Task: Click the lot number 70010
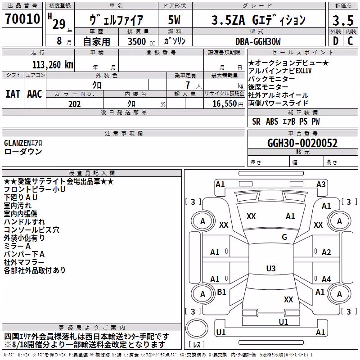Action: point(22,19)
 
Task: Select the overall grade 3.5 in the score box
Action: point(343,20)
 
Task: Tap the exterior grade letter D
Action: point(336,41)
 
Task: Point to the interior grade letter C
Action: point(350,41)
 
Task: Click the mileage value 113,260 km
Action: point(53,65)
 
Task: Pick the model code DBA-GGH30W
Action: point(258,41)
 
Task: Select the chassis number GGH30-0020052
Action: point(302,143)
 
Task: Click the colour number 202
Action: point(75,104)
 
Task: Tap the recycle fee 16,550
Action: point(225,103)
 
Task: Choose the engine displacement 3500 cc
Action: point(141,41)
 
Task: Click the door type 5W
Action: point(174,20)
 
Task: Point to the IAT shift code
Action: point(13,94)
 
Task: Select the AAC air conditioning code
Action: point(35,94)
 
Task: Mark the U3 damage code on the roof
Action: point(271,268)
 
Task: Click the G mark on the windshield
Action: point(284,237)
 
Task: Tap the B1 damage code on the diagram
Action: point(221,292)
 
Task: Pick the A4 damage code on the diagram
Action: point(326,279)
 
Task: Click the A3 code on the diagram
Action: point(321,184)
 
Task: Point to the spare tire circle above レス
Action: point(197,328)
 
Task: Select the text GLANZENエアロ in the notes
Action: point(23,143)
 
